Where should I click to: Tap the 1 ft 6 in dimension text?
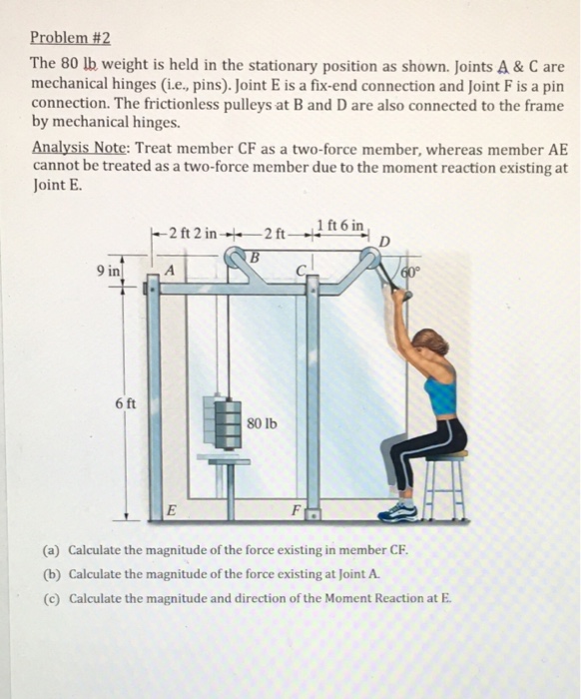tap(341, 224)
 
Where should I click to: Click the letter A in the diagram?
tap(170, 271)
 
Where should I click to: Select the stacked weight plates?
tap(223, 420)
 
